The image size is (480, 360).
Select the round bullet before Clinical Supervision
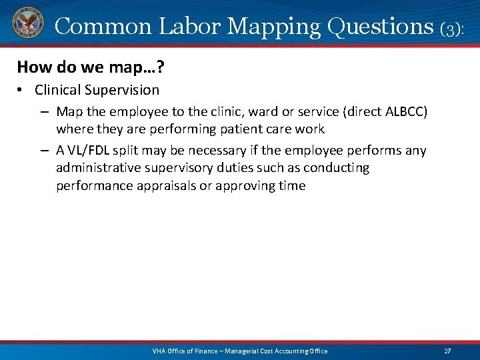pos(22,90)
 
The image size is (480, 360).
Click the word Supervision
pos(121,90)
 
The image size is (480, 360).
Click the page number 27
pos(447,351)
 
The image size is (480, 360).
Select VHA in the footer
pos(159,351)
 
